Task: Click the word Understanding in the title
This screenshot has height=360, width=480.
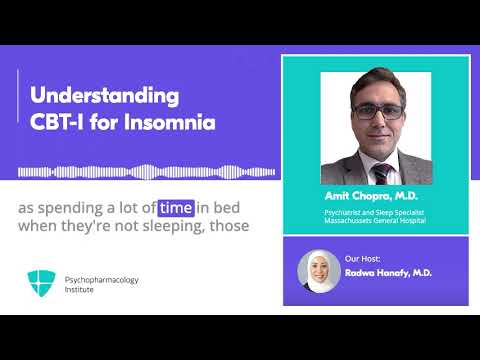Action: pos(105,97)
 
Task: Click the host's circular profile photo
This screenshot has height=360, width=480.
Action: pos(318,269)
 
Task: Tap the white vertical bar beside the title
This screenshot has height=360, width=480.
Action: pos(19,110)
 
